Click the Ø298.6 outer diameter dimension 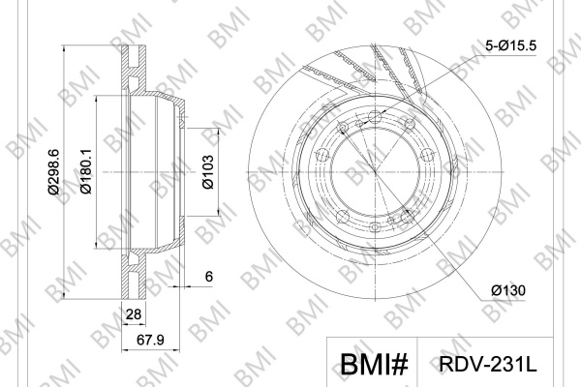(53, 171)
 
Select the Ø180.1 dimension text (86, 171)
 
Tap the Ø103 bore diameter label (208, 172)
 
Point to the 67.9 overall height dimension (150, 340)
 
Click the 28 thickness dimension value (134, 314)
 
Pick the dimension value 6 (209, 277)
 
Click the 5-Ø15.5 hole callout (510, 45)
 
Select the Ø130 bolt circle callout (508, 290)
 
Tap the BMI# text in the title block (374, 364)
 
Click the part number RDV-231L (488, 364)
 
